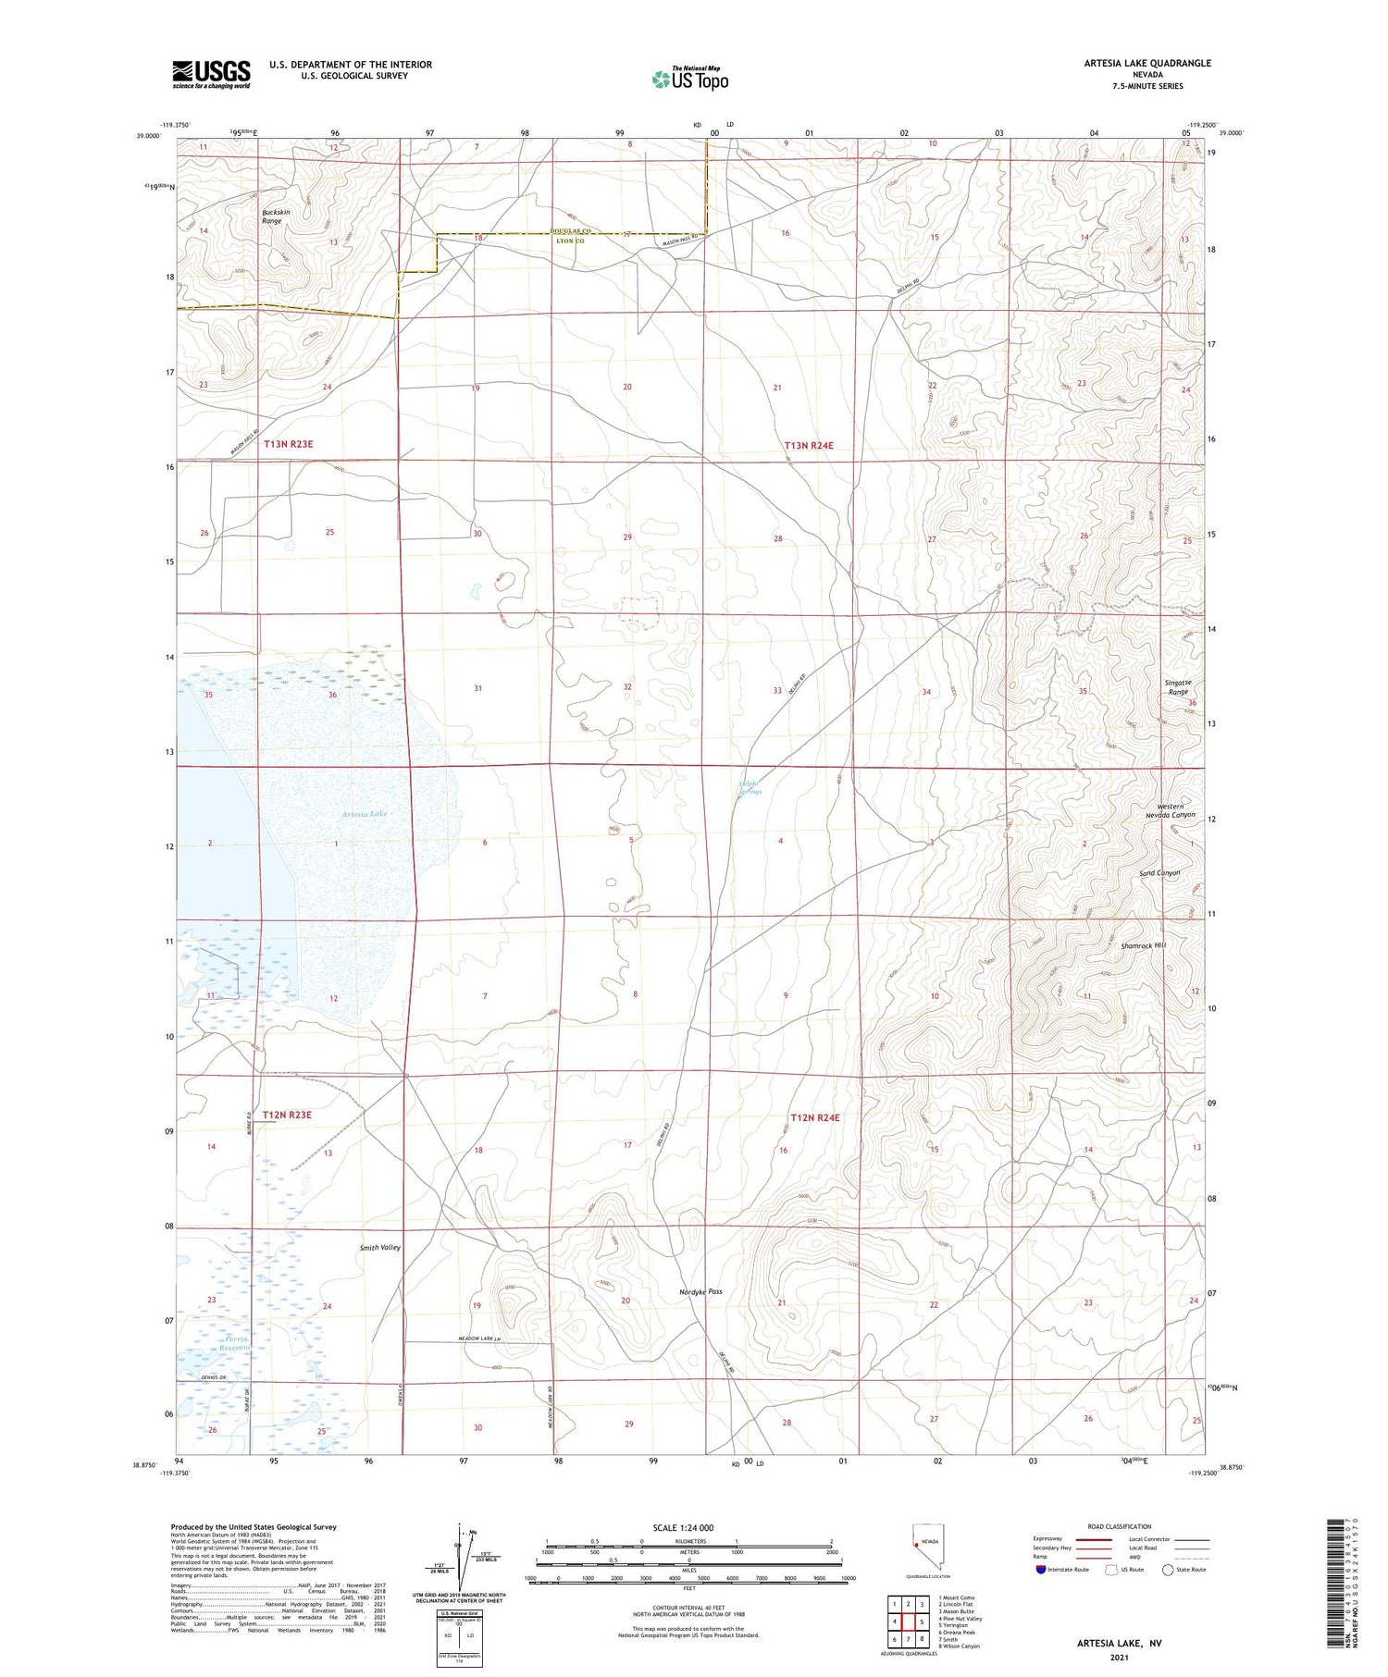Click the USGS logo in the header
(211, 74)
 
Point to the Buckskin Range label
(271, 216)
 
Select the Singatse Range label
(1178, 687)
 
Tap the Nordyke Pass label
(700, 1291)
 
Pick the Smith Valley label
(380, 1248)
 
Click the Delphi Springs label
(750, 789)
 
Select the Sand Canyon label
(1159, 873)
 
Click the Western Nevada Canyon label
(1170, 810)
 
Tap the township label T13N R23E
(289, 444)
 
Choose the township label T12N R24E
(815, 1117)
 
